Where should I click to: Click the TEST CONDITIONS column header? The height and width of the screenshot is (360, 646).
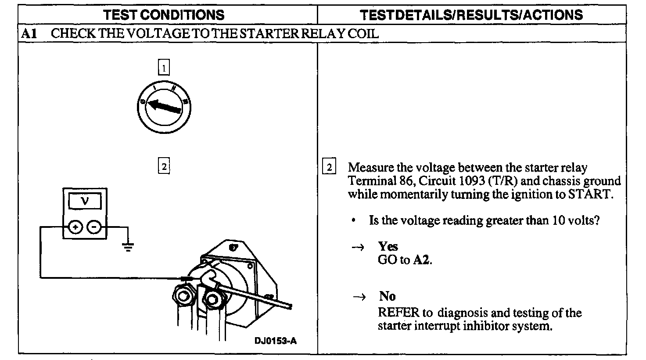[x=164, y=15]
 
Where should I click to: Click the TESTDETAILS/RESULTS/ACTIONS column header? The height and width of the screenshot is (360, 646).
[x=471, y=15]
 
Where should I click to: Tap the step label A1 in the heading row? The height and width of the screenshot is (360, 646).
[x=29, y=34]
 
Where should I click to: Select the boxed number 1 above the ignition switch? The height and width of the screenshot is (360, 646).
[x=163, y=68]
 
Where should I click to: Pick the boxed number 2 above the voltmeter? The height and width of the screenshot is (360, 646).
[x=163, y=167]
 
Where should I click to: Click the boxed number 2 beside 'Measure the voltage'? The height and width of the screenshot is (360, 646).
[x=329, y=168]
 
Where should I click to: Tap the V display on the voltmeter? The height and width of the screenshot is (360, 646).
[x=85, y=201]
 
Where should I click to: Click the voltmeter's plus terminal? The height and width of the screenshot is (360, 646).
[x=75, y=227]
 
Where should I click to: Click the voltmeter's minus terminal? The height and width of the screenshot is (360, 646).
[x=94, y=227]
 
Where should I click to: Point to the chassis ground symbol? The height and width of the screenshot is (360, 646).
[x=128, y=247]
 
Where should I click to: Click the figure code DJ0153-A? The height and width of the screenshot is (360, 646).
[x=275, y=341]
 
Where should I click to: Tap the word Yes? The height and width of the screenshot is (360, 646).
[x=388, y=246]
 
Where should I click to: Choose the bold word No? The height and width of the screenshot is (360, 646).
[x=388, y=296]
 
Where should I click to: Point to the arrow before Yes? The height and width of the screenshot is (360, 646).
[x=358, y=247]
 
